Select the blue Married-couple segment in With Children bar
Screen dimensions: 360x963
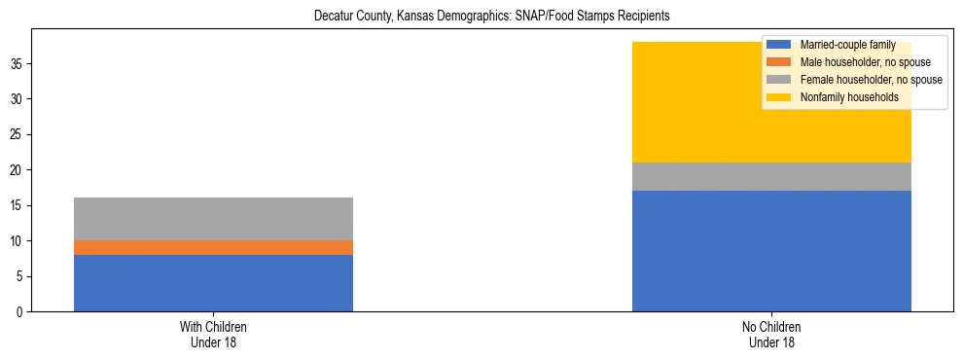213,283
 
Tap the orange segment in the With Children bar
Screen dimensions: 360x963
213,248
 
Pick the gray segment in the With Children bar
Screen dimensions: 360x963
213,219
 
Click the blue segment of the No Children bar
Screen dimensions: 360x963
771,251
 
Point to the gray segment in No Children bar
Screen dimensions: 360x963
771,176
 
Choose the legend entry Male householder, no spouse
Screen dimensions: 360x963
857,62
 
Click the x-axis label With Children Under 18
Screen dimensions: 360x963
213,335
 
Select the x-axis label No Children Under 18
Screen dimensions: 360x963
771,335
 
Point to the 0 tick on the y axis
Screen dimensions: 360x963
20,312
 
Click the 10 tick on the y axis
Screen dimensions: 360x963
18,241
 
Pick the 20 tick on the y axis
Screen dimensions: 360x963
18,170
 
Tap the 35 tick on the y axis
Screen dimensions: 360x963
18,64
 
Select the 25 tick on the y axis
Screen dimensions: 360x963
18,135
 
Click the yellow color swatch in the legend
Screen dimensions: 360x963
778,97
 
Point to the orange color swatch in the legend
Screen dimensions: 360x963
778,62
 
